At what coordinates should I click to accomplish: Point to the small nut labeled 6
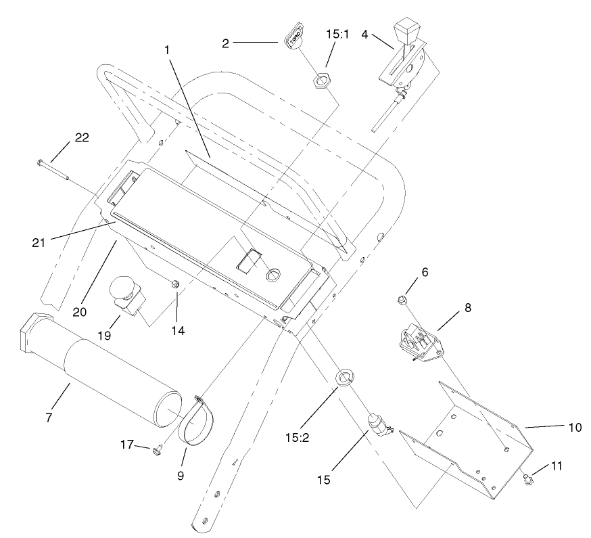pyautogui.click(x=402, y=298)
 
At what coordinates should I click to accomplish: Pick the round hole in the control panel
pyautogui.click(x=274, y=275)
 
